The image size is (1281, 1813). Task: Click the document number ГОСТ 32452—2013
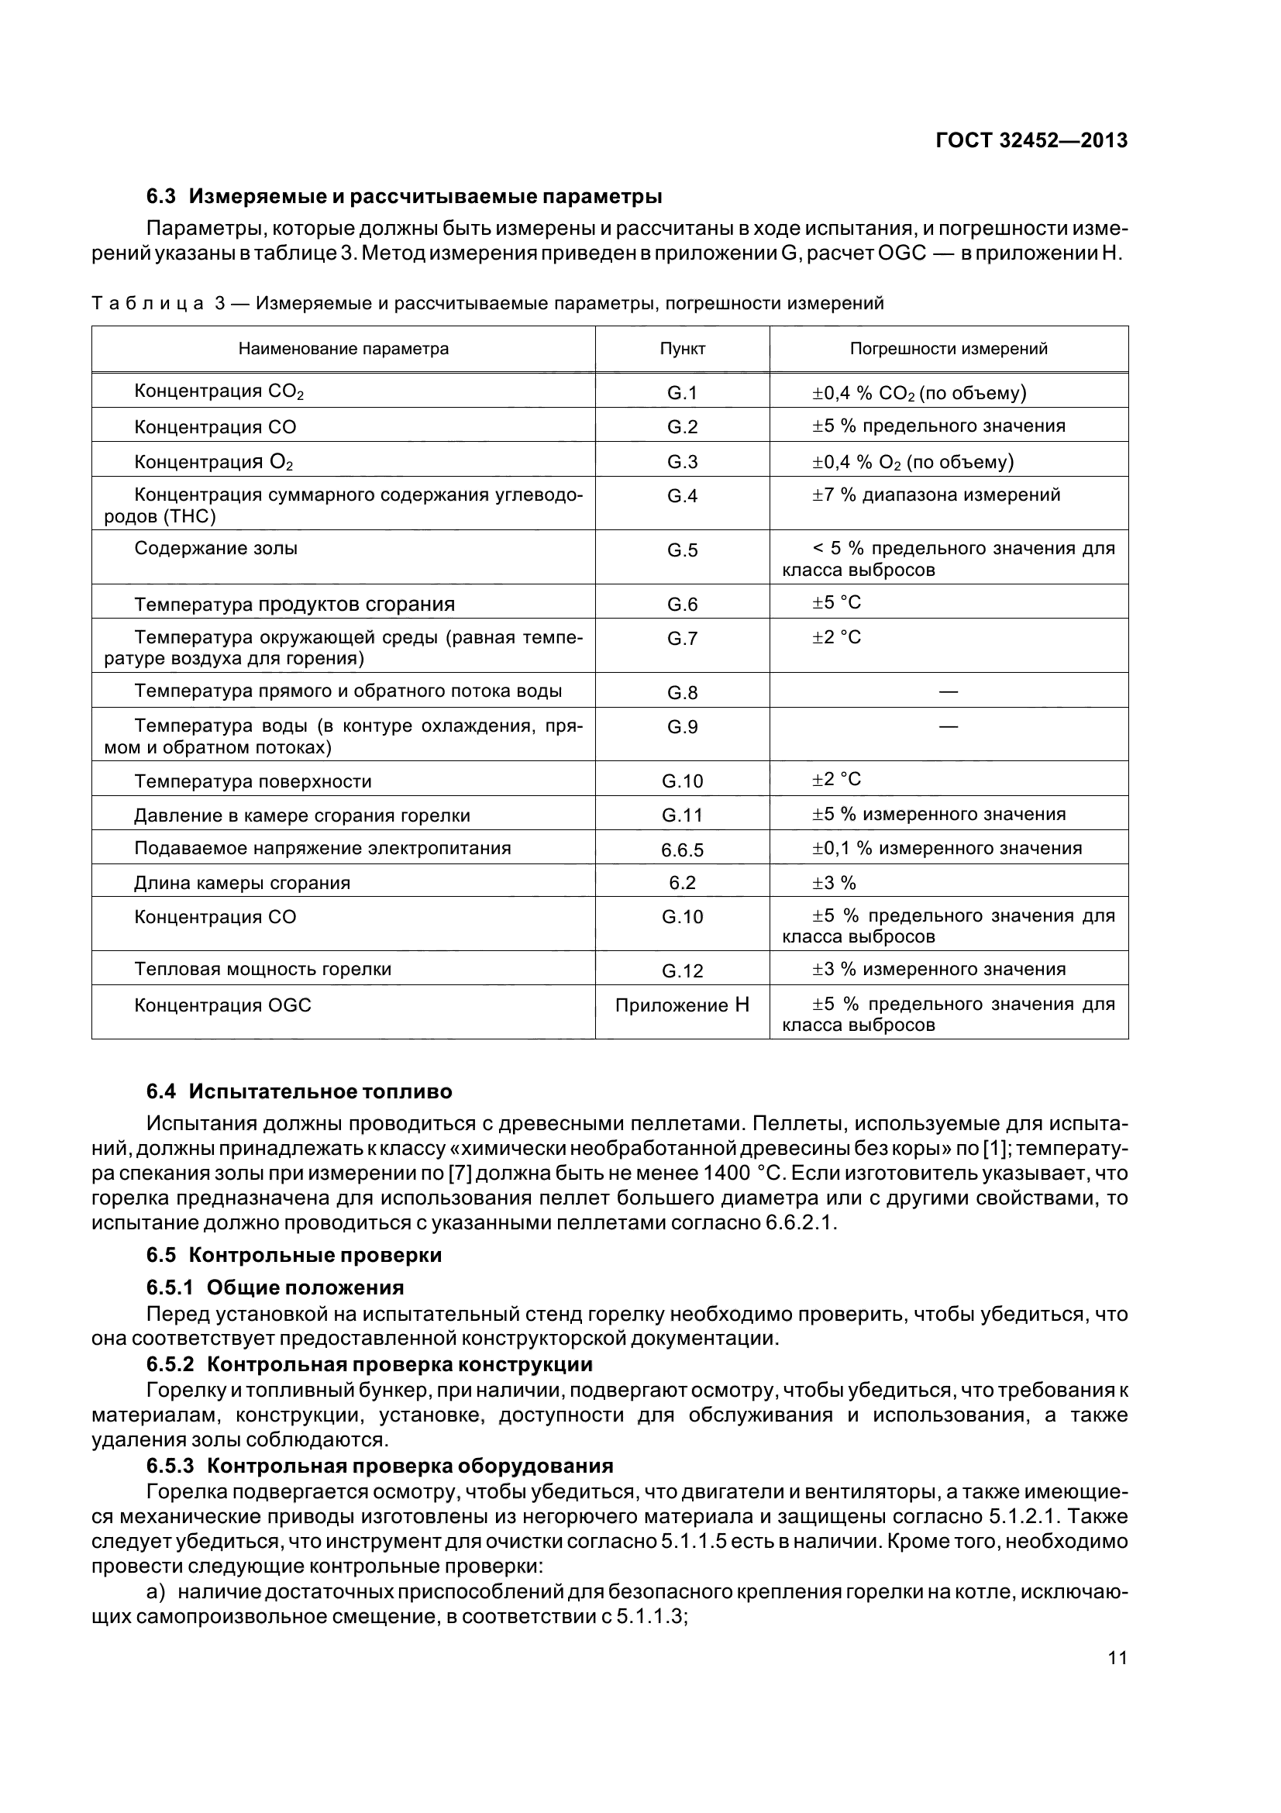point(1031,140)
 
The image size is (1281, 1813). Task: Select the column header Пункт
point(682,349)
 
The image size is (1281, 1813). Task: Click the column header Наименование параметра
point(343,349)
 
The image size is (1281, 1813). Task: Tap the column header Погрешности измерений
point(948,349)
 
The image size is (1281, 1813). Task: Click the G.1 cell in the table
point(682,392)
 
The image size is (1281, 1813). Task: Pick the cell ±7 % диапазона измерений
point(936,495)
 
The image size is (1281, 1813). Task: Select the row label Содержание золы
point(215,548)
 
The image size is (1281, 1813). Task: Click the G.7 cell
point(682,638)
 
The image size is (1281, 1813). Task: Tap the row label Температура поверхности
point(253,781)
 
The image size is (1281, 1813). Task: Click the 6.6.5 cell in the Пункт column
point(682,850)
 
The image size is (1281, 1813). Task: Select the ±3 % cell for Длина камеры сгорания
point(835,883)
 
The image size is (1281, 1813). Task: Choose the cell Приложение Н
point(682,1005)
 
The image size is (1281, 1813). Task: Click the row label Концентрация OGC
point(222,1005)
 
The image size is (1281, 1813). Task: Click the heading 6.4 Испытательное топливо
point(299,1092)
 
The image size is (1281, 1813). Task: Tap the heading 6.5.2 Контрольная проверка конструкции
point(370,1364)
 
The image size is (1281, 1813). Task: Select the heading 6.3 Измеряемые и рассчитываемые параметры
point(404,196)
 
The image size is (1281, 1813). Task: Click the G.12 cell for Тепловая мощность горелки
point(682,971)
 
